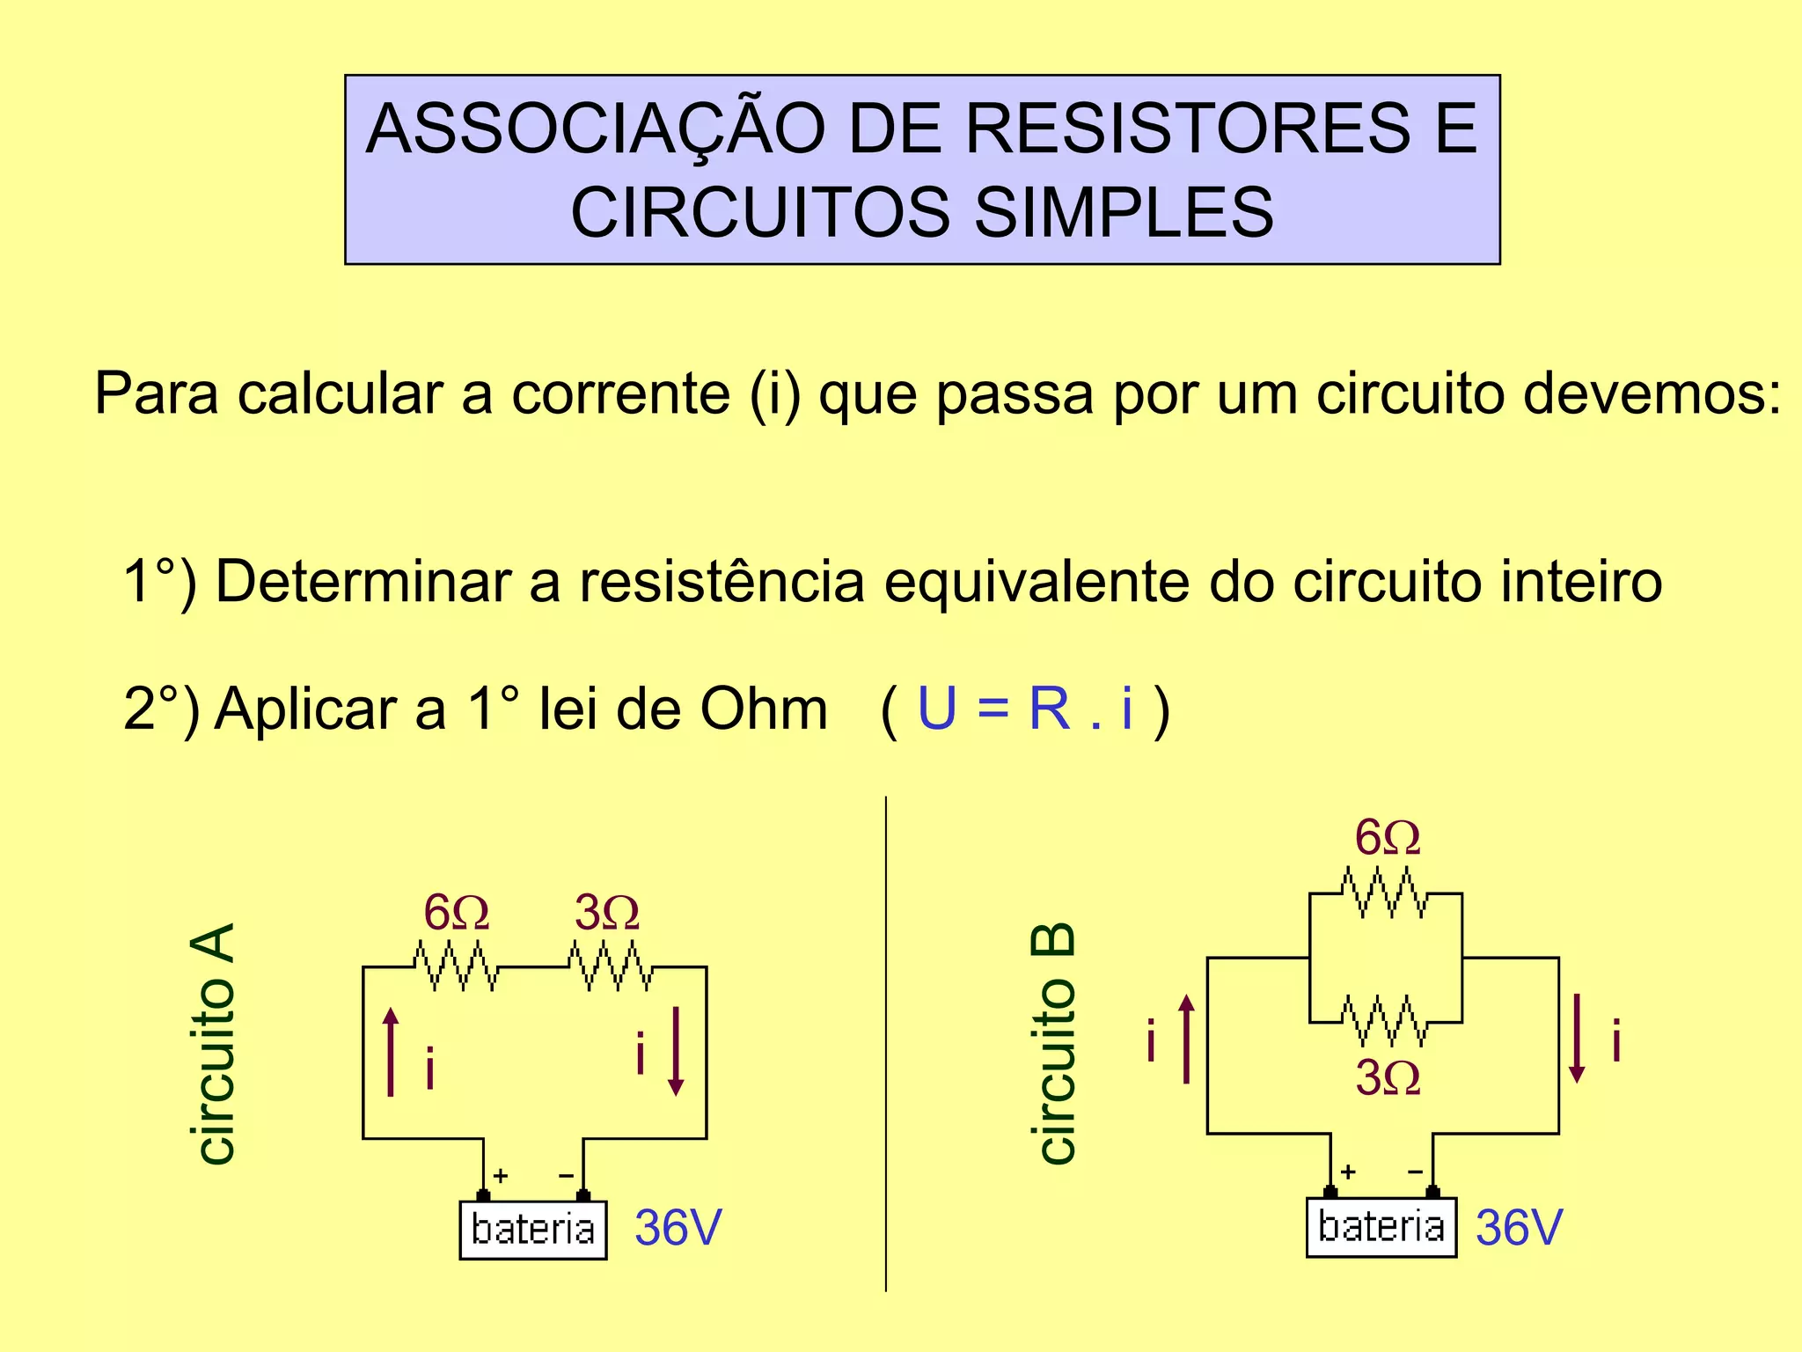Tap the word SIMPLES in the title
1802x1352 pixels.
1124,212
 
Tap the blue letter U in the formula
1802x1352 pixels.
936,709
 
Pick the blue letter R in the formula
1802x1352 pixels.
1049,709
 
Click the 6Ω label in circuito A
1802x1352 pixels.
456,913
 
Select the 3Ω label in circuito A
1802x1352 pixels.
606,913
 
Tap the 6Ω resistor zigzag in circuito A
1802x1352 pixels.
456,966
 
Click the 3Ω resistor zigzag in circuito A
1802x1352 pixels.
610,966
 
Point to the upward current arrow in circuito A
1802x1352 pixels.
391,1052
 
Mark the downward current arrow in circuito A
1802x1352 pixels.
676,1052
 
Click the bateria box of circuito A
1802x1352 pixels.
533,1230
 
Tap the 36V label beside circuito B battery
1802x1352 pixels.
1519,1228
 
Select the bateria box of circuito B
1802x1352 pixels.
1381,1227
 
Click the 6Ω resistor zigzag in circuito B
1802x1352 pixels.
1385,893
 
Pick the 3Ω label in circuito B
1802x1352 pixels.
1388,1078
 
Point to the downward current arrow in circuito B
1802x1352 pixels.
1577,1039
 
